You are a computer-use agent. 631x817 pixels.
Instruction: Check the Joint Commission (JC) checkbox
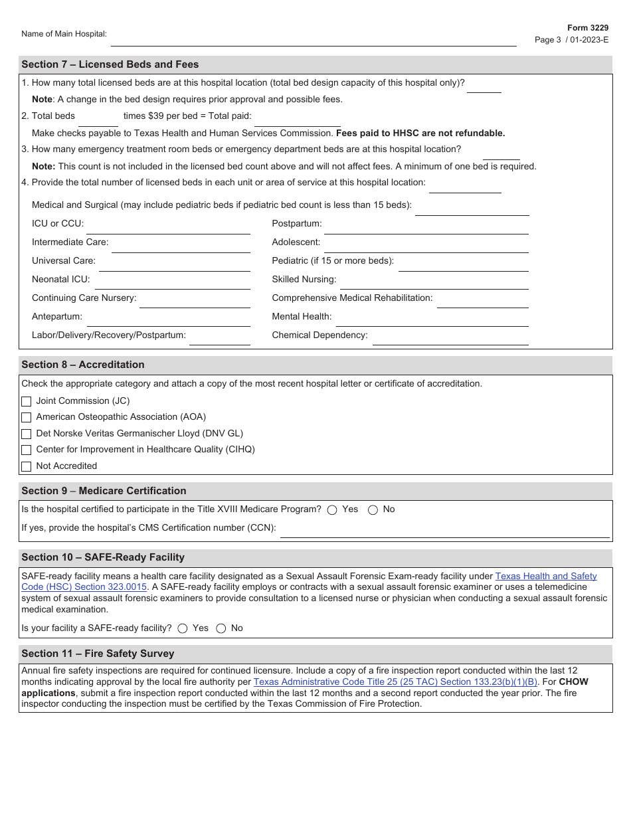(27, 401)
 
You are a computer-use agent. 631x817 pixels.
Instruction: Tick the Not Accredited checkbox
(27, 466)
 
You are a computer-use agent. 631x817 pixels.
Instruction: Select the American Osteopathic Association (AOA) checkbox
(27, 418)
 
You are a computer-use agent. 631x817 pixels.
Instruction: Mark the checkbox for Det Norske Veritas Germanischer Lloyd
(27, 434)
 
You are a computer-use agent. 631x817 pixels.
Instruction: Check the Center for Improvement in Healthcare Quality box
(27, 450)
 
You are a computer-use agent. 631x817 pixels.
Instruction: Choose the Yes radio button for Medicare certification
(332, 510)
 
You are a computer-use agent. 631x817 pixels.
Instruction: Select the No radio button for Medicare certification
(373, 510)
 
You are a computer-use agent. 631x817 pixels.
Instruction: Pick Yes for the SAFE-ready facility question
(183, 628)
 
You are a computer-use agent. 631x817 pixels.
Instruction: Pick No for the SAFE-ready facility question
(221, 628)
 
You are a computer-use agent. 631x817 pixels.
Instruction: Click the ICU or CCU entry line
(167, 227)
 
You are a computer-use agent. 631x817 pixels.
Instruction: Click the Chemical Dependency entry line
(450, 339)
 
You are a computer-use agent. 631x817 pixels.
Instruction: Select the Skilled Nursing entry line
(434, 283)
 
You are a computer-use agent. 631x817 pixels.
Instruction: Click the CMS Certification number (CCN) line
(444, 531)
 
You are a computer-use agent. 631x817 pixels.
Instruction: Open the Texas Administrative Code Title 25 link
(395, 681)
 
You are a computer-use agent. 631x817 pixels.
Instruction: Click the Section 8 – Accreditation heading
(83, 365)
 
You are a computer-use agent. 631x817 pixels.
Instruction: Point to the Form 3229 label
(587, 28)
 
